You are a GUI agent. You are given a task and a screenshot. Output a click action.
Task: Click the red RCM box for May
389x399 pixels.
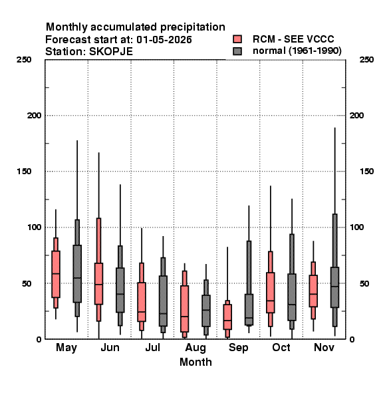56,274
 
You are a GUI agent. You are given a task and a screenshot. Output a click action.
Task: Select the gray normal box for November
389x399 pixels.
335,287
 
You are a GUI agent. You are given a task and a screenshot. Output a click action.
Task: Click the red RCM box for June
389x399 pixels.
98,283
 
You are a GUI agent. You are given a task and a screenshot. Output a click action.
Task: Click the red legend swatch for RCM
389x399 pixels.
237,39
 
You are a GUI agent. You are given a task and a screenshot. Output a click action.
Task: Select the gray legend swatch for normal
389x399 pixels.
237,51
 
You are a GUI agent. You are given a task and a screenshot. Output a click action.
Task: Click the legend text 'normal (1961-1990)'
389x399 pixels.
297,51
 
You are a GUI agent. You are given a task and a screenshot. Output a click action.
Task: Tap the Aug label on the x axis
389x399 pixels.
195,348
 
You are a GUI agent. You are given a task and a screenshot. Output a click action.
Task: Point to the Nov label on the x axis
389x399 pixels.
324,347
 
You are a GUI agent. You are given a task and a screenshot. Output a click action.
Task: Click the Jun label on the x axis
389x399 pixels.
110,347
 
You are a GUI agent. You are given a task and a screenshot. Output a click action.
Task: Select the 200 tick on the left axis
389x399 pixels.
34,115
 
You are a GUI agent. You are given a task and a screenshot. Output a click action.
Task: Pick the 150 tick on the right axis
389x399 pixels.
366,172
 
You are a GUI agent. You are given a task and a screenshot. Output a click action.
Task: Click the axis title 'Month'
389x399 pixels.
195,362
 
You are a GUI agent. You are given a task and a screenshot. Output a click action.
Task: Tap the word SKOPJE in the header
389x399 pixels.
111,52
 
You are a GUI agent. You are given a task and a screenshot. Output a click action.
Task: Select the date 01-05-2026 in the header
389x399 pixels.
164,40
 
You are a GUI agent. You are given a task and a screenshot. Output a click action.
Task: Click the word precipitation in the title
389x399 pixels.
193,27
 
